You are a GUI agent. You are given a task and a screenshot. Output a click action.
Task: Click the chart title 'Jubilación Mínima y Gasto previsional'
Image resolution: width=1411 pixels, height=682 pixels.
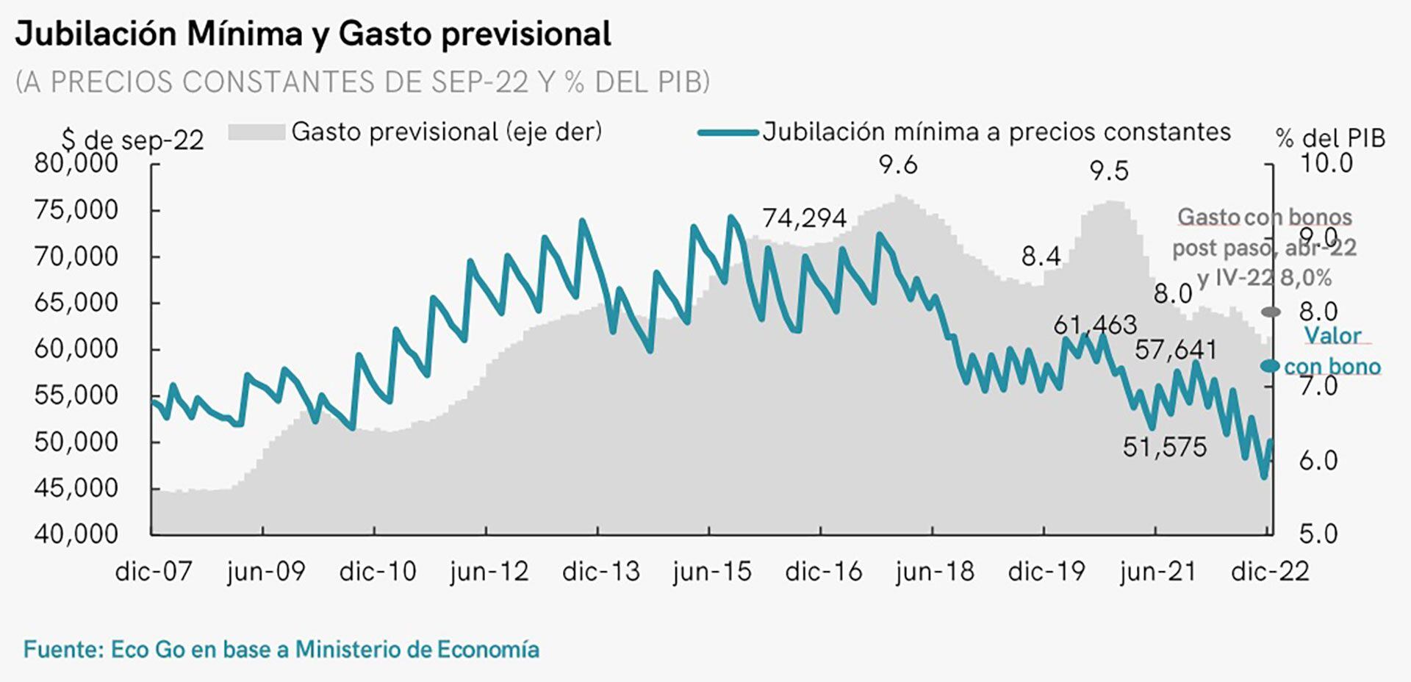[x=313, y=35]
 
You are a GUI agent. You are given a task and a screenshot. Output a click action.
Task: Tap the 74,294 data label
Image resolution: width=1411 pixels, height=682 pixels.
[x=804, y=218]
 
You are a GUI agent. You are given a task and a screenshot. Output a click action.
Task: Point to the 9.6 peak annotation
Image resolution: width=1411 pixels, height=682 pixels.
[x=898, y=165]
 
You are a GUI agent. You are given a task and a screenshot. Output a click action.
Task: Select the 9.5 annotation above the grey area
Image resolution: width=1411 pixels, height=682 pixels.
[x=1108, y=171]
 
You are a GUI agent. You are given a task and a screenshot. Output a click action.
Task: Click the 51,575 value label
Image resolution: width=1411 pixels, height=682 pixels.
[x=1164, y=447]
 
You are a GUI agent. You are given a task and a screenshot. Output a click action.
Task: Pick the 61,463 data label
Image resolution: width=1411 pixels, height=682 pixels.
[x=1094, y=325]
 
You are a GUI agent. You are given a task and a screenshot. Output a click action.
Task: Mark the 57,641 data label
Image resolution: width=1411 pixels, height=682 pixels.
[x=1175, y=350]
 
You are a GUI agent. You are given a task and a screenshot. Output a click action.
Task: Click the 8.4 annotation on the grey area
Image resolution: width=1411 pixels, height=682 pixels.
[x=1041, y=256]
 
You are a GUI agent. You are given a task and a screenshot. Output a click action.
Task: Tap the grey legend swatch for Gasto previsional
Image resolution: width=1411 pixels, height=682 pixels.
[x=256, y=132]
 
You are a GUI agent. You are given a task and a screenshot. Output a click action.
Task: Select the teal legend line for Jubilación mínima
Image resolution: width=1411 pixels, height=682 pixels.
[x=728, y=133]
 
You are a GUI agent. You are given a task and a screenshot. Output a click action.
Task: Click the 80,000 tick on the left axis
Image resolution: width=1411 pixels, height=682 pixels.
[x=76, y=163]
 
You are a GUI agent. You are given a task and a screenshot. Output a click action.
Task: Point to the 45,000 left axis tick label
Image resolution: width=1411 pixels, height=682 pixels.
[x=76, y=488]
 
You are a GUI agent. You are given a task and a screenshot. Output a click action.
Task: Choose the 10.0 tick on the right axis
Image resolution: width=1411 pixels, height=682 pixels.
[x=1326, y=163]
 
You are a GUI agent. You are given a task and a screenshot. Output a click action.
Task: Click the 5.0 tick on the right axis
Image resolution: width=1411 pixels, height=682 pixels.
[x=1318, y=534]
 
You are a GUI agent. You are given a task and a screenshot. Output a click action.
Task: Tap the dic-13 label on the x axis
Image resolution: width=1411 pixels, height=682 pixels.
[x=600, y=572]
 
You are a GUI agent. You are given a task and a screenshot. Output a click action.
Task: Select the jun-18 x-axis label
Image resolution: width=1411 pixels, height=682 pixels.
[x=934, y=572]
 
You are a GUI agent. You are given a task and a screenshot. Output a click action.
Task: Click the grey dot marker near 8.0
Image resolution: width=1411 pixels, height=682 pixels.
[x=1271, y=312]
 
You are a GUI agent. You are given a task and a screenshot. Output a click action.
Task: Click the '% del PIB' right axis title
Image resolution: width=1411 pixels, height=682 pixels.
[x=1330, y=138]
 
